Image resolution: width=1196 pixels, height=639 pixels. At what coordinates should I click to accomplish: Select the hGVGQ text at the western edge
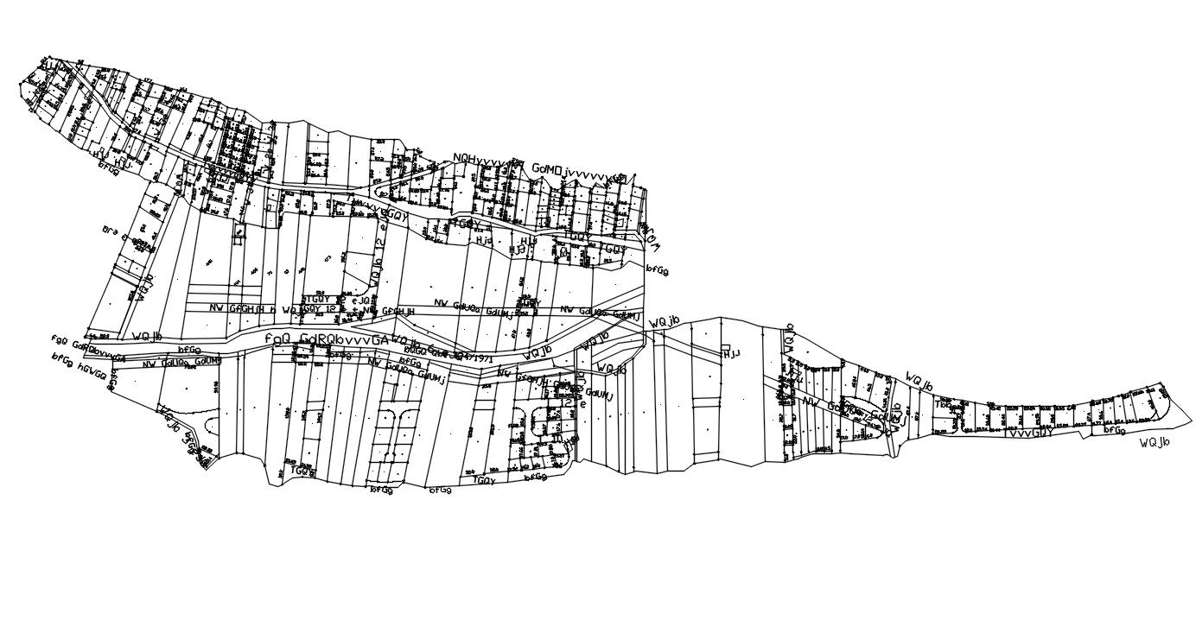pos(92,371)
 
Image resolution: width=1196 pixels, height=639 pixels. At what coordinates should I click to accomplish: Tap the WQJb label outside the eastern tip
pos(1154,443)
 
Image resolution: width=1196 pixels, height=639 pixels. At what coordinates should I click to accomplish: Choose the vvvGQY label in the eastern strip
pos(1029,433)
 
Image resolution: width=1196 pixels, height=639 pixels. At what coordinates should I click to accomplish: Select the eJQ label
pos(360,300)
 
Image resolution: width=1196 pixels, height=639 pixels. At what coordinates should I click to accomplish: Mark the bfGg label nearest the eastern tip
pos(1115,429)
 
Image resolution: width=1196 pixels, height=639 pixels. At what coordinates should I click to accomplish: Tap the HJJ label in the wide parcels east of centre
pos(732,354)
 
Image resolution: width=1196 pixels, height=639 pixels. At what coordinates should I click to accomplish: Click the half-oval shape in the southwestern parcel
pos(213,428)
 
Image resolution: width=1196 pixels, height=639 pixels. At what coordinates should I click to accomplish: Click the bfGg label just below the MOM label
pos(658,270)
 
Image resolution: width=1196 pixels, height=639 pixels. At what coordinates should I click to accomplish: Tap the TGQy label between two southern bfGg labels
pos(485,480)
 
